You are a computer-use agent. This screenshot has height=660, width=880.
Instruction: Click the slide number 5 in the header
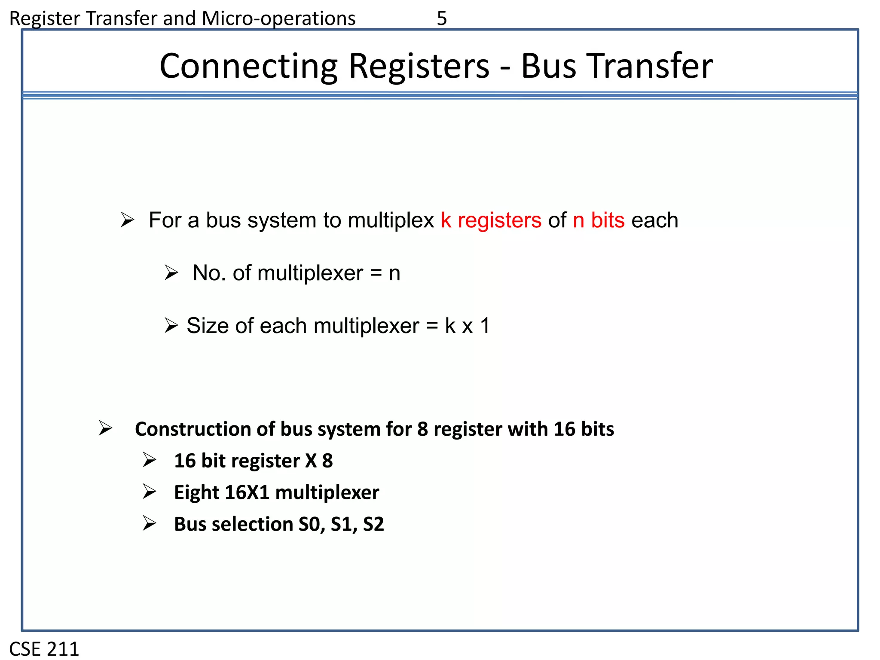pyautogui.click(x=442, y=18)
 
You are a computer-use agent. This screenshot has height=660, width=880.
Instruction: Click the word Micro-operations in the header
pyautogui.click(x=278, y=18)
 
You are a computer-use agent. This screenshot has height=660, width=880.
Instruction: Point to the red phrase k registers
pyautogui.click(x=491, y=220)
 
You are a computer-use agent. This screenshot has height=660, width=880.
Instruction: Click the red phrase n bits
pyautogui.click(x=599, y=220)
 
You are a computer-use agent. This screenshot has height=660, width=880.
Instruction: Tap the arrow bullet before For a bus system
pyautogui.click(x=128, y=220)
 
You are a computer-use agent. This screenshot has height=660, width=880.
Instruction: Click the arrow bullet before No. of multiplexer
pyautogui.click(x=171, y=273)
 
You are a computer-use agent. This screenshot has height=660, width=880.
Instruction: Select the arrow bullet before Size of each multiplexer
pyautogui.click(x=171, y=326)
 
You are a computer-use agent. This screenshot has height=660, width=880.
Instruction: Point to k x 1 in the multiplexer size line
pyautogui.click(x=467, y=326)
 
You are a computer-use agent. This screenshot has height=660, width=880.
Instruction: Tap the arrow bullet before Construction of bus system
pyautogui.click(x=105, y=428)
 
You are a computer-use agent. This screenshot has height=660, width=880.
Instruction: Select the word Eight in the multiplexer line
pyautogui.click(x=196, y=492)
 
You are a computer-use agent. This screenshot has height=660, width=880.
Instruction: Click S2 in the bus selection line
pyautogui.click(x=373, y=524)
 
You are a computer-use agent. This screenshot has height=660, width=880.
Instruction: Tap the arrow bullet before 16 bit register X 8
pyautogui.click(x=150, y=460)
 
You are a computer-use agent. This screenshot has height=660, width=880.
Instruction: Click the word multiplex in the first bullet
pyautogui.click(x=391, y=220)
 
